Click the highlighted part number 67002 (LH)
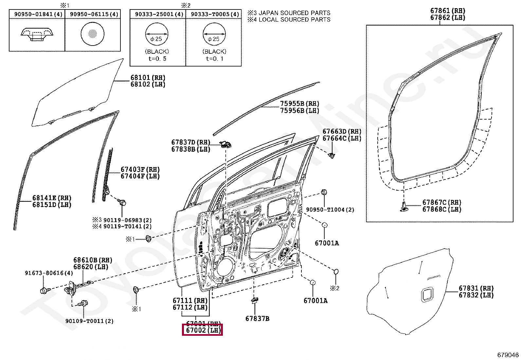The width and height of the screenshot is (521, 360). tap(203, 330)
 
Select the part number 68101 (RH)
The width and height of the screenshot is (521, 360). tap(148, 78)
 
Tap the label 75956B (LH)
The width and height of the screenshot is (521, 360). tap(299, 111)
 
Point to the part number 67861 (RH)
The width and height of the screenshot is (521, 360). tap(447, 11)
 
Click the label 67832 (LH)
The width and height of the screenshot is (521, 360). tap(476, 295)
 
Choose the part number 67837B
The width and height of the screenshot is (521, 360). tap(257, 319)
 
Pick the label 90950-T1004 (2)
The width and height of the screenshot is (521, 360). tap(330, 210)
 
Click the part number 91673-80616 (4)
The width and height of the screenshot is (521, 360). tap(49, 273)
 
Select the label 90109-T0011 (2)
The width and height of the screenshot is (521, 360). tap(89, 321)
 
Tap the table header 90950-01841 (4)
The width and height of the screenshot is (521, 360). tap(38, 14)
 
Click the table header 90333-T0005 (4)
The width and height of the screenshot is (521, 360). tap(215, 14)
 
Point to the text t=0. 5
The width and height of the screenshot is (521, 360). tap(157, 59)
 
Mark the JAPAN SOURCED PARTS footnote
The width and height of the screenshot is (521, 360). tap(289, 13)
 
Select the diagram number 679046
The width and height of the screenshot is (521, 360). tap(508, 355)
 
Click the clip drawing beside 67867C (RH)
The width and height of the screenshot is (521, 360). tap(404, 206)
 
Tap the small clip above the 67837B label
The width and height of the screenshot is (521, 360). tap(255, 300)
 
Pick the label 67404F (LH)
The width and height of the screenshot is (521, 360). tap(140, 176)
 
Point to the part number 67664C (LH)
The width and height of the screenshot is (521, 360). tap(342, 138)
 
